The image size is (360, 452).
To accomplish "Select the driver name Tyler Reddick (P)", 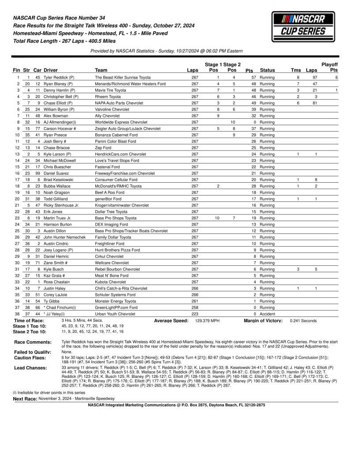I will click(59, 77).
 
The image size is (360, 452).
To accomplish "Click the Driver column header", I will click(50, 71).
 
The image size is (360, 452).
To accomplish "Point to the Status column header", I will click(267, 71).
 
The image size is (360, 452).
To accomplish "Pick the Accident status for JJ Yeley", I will click(267, 314).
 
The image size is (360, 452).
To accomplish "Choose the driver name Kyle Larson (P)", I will click(58, 154).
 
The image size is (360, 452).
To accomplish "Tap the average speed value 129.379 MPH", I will click(207, 321).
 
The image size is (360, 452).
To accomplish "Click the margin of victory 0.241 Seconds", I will click(303, 321).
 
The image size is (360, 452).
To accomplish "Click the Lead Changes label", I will click(30, 368).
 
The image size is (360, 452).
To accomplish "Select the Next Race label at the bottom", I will click(25, 398).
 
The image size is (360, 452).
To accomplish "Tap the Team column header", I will click(101, 71).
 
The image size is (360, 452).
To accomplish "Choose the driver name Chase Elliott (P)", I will click(59, 103).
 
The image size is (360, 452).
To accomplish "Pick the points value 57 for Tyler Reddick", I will click(254, 77).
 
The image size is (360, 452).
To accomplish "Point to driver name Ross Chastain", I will click(56, 282).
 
